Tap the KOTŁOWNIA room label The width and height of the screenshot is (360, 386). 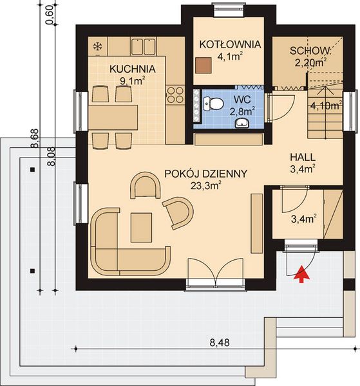(x=230, y=44)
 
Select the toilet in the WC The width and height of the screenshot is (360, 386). (x=213, y=104)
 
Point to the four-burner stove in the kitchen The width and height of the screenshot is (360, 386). (x=175, y=95)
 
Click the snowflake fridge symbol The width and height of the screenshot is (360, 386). (x=98, y=46)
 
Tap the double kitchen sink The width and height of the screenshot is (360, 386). (x=143, y=46)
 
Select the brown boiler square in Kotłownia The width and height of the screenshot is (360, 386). (x=204, y=66)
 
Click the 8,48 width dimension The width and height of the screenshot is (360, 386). (x=220, y=343)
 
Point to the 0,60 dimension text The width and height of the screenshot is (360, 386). (x=50, y=15)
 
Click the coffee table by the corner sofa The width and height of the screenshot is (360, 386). (x=141, y=228)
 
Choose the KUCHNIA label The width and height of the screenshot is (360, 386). (x=133, y=69)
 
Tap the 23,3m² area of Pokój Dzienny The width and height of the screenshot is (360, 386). (x=205, y=186)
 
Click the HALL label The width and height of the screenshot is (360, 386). (x=303, y=157)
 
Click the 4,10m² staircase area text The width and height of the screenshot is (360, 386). (x=326, y=106)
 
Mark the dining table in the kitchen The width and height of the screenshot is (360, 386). (x=113, y=118)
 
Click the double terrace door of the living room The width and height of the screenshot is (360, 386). (x=216, y=275)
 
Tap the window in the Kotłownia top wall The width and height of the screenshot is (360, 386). (x=229, y=10)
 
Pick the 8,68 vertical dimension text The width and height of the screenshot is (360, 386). (x=35, y=138)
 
